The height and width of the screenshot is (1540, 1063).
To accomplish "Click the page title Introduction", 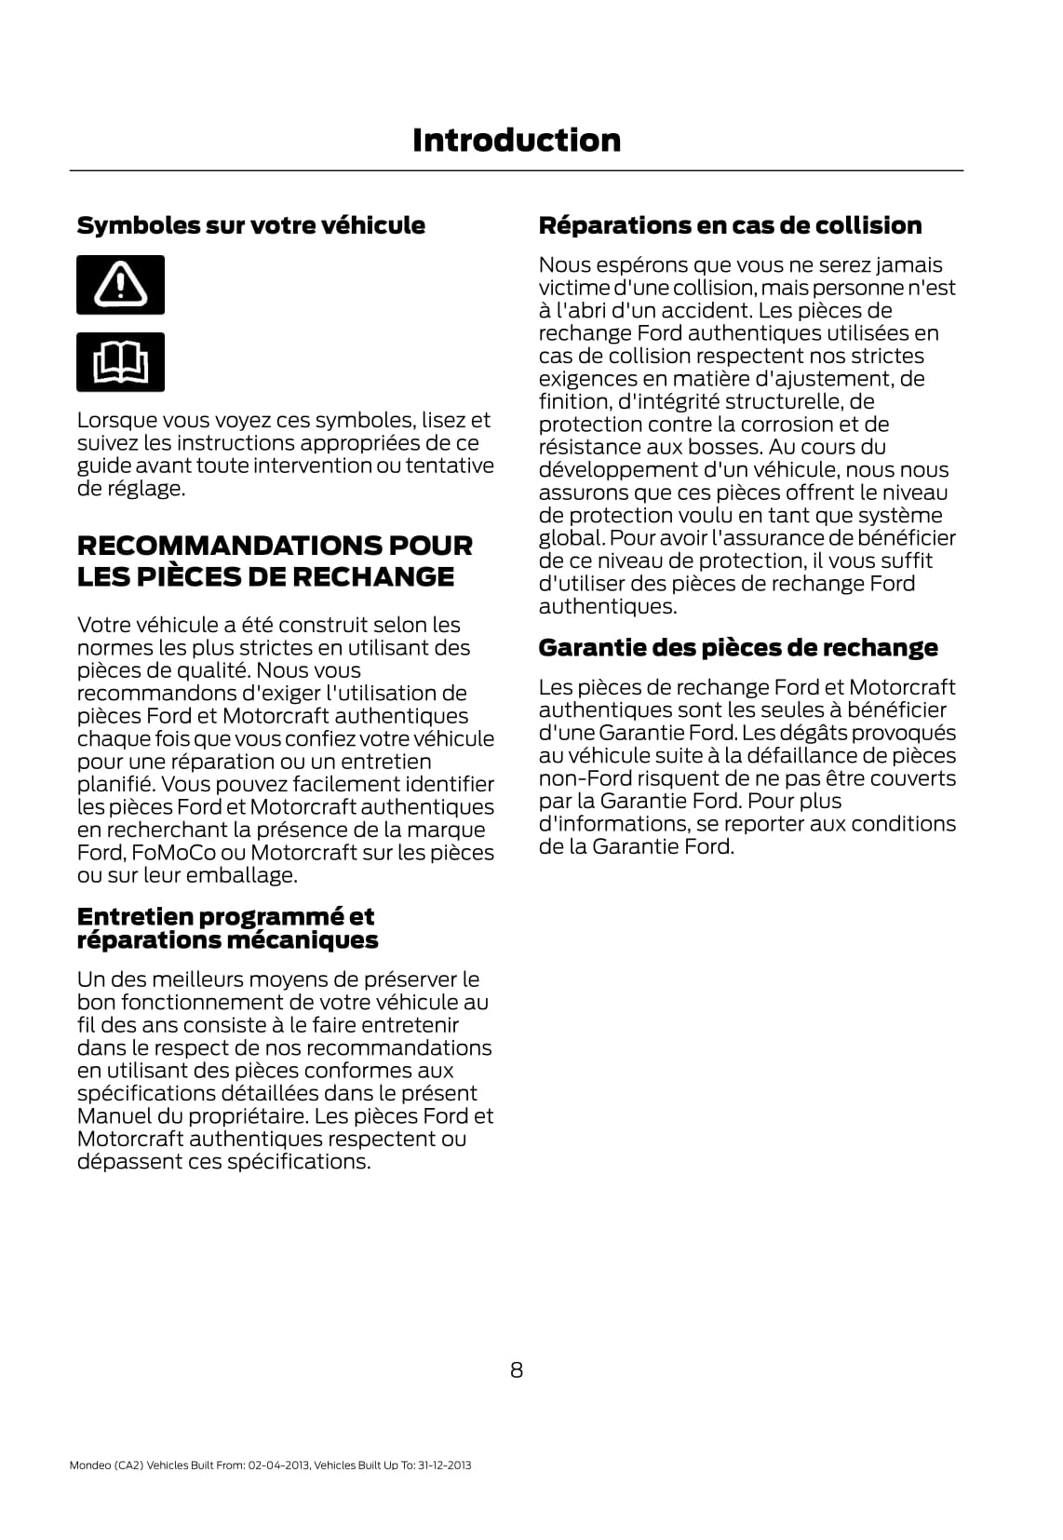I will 516,141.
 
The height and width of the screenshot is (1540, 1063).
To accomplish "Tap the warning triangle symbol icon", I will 120,284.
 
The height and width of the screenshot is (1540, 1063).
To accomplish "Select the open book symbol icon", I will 120,362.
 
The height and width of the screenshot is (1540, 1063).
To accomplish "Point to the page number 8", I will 517,1370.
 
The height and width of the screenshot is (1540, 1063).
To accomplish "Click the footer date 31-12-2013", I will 445,1466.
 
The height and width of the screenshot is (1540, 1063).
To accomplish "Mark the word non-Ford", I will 580,778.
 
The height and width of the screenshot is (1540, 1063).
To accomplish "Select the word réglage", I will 144,489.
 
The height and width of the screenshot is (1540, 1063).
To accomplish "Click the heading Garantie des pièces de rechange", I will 738,648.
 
